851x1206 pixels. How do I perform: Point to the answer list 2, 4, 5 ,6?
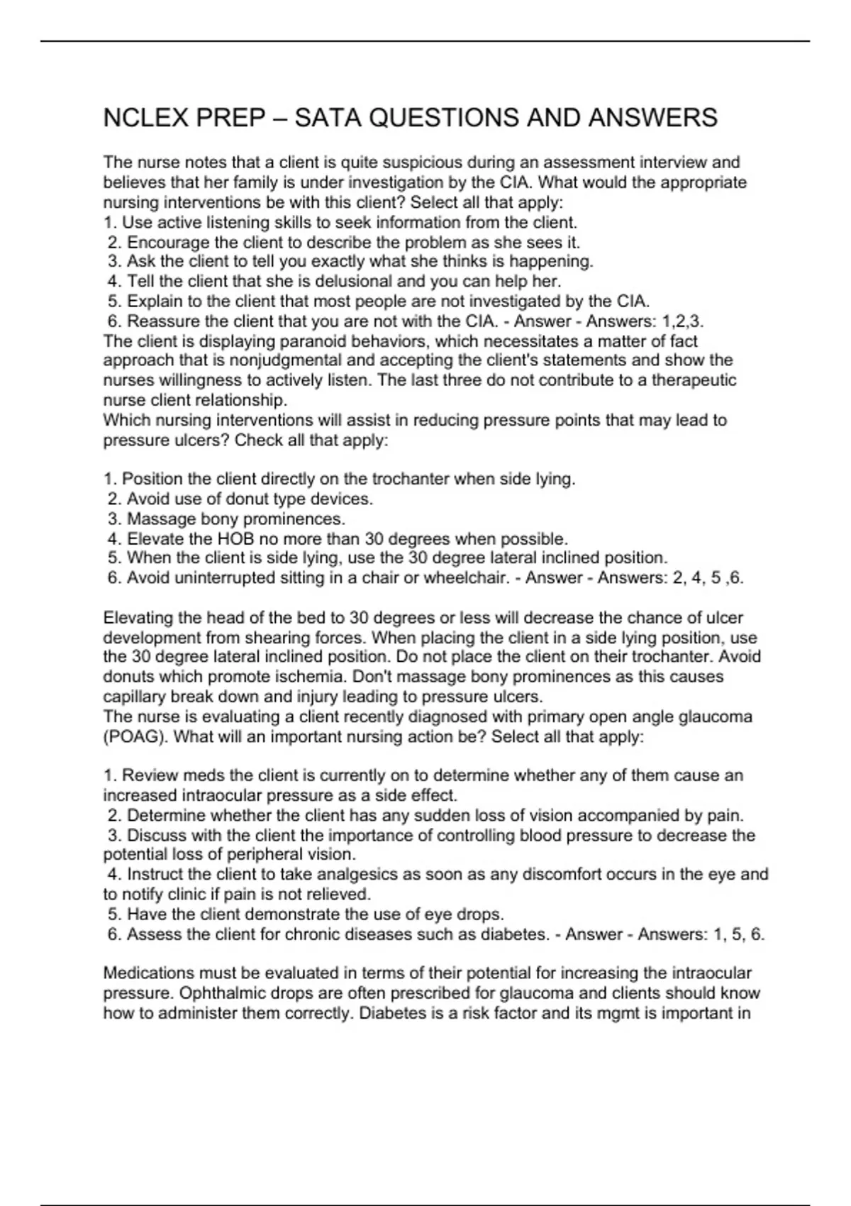[708, 578]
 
